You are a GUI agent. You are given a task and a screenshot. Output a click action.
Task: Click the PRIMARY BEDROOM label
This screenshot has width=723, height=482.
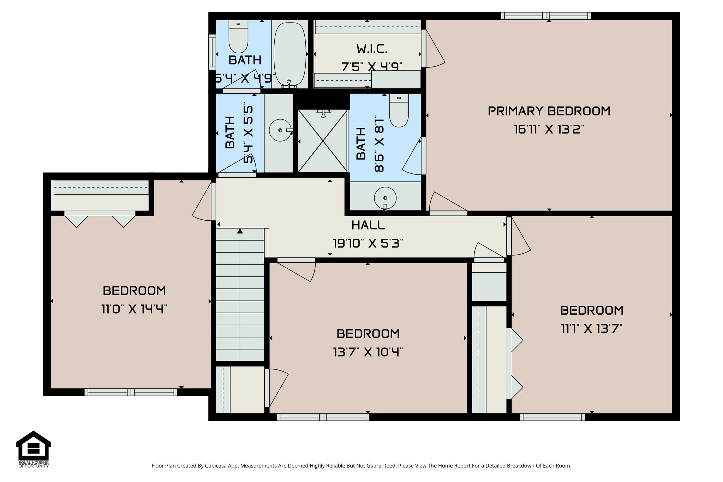[x=549, y=111]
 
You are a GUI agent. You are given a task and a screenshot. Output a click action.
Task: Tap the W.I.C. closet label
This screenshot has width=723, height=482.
[x=372, y=49]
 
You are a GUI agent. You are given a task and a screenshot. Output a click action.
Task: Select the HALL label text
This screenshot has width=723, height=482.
[x=368, y=225]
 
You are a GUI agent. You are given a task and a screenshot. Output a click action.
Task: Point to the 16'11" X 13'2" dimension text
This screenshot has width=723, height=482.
[x=549, y=129]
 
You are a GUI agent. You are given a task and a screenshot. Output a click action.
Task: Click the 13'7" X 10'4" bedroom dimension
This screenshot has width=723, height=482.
[x=368, y=352]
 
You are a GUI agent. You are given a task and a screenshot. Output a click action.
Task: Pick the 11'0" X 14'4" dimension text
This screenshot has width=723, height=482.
[x=134, y=309]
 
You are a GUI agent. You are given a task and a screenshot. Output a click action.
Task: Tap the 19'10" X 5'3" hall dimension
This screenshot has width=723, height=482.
[x=368, y=243]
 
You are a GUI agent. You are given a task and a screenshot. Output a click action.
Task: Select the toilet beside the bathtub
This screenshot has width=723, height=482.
[x=238, y=37]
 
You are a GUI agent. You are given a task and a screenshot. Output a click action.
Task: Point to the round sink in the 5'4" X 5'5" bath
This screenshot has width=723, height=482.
[x=280, y=130]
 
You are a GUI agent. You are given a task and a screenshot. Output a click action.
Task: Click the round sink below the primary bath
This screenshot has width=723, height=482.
[x=385, y=198]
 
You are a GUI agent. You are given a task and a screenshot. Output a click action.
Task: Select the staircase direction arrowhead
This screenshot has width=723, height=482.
[x=240, y=231]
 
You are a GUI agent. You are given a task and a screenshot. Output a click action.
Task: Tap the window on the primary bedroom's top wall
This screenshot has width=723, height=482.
[x=546, y=16]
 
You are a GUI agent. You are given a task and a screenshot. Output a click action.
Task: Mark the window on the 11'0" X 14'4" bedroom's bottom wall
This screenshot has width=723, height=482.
[x=131, y=392]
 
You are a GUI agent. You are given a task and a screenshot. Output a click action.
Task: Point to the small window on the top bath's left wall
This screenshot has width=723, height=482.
[x=212, y=52]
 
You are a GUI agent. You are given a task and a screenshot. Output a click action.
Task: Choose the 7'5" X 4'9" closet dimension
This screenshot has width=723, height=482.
[x=372, y=67]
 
